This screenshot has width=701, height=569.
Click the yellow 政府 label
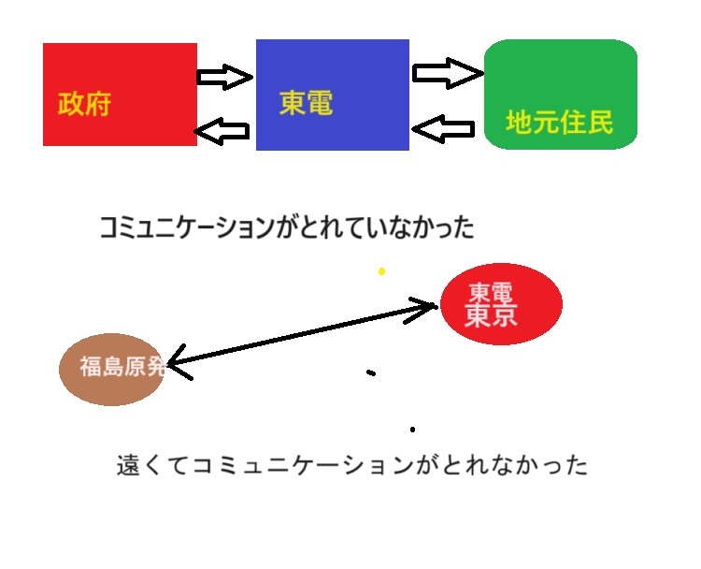click(84, 104)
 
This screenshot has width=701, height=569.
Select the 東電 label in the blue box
click(307, 103)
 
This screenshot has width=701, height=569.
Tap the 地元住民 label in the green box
click(559, 122)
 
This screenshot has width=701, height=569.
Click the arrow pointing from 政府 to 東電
click(225, 77)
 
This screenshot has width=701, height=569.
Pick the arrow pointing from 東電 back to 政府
click(222, 131)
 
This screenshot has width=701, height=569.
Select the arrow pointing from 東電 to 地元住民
click(448, 73)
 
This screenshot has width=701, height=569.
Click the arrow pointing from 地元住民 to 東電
click(443, 129)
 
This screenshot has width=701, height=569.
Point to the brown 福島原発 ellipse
click(112, 370)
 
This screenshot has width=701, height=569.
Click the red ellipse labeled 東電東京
click(501, 304)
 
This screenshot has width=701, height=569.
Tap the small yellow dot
click(381, 271)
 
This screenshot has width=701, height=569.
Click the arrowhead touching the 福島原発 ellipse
click(179, 362)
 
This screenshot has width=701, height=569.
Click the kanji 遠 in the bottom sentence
click(129, 465)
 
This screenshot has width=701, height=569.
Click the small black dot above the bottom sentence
click(412, 430)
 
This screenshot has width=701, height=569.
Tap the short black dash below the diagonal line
click(371, 372)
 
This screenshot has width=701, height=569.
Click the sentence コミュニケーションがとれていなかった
click(287, 227)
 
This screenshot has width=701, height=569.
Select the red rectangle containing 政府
click(120, 95)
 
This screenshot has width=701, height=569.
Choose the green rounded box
click(561, 94)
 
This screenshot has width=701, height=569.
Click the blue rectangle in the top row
click(333, 95)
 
